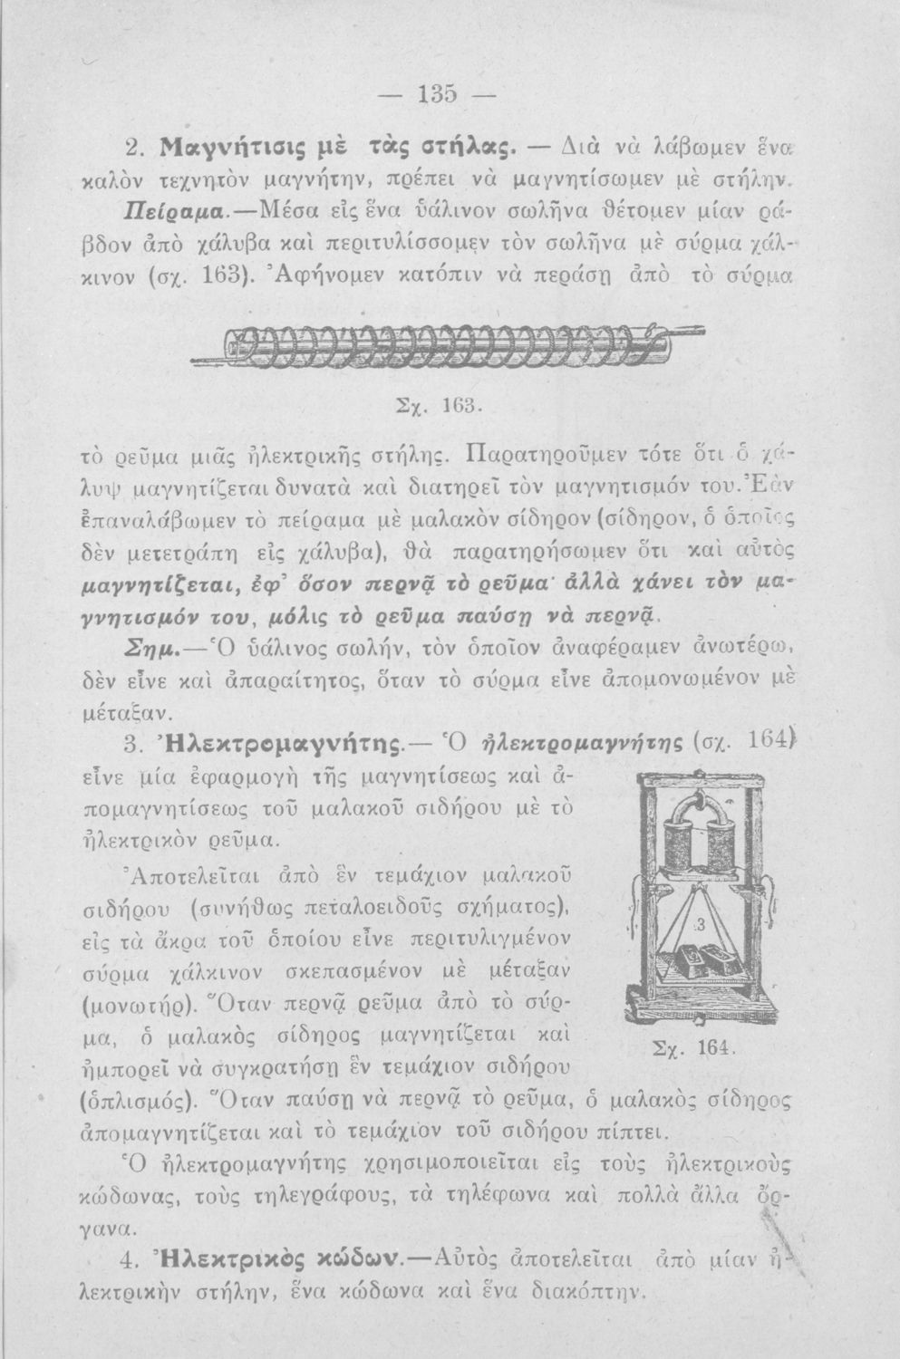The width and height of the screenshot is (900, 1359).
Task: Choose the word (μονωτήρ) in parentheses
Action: coord(178,1007)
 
